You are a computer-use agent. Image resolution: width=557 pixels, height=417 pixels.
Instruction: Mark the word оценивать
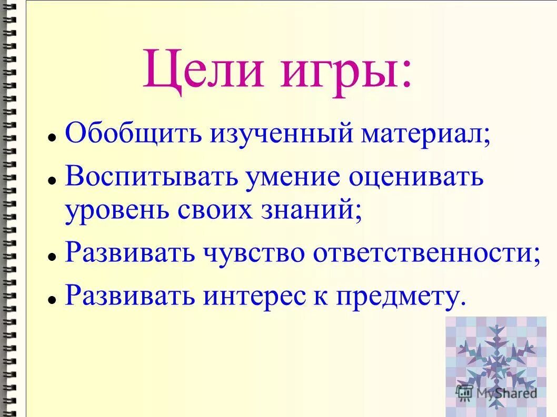(x=416, y=177)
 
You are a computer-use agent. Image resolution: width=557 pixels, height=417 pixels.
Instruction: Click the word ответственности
(x=426, y=253)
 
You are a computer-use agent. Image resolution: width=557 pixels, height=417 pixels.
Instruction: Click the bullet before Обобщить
(x=52, y=138)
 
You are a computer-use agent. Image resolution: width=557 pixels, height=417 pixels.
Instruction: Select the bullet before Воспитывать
(x=52, y=180)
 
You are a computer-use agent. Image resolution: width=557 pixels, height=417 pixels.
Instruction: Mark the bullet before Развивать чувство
(x=52, y=256)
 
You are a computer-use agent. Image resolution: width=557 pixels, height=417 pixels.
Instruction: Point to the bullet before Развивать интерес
(x=52, y=299)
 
